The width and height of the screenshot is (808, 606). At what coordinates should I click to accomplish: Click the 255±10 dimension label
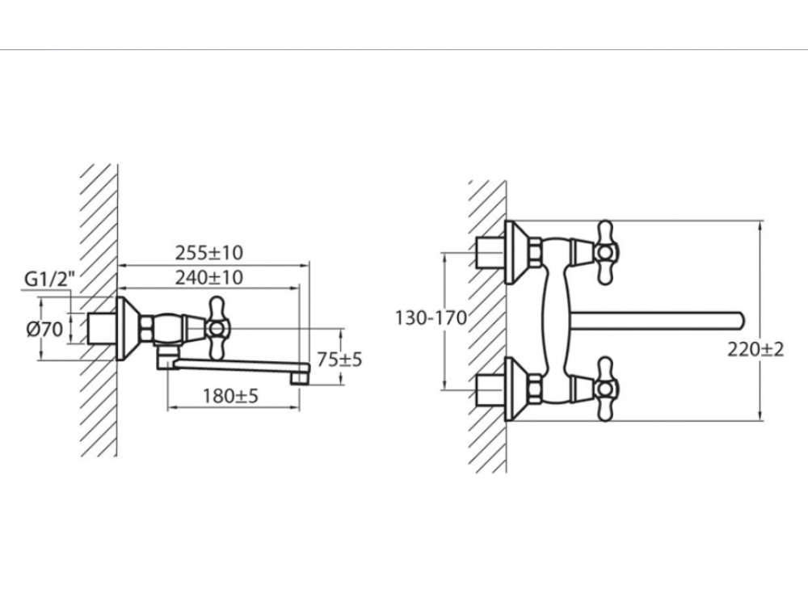[x=208, y=253]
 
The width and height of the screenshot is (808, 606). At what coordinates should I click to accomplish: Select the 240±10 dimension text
[x=208, y=278]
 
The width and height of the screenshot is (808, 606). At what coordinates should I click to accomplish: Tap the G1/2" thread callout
[x=50, y=280]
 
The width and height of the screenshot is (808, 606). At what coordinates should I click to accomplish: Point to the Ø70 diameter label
[x=44, y=329]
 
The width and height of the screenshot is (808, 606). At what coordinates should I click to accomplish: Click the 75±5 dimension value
[x=339, y=360]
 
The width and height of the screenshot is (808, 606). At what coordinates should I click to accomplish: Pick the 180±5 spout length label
[x=230, y=396]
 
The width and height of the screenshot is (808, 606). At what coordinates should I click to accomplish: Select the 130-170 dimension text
[x=431, y=318]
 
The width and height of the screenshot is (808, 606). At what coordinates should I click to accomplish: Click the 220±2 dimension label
[x=755, y=350]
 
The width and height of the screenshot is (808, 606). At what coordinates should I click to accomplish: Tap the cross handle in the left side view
[x=217, y=327]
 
